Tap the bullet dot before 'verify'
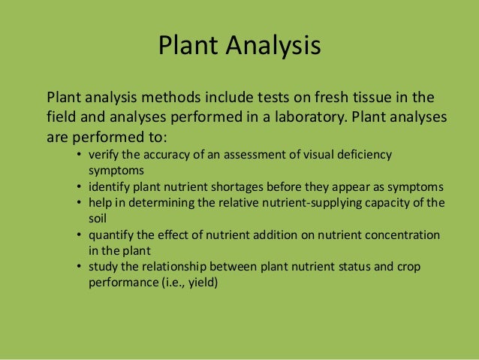tap(80, 156)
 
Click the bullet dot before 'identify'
tap(80, 187)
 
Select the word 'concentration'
tap(404, 235)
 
